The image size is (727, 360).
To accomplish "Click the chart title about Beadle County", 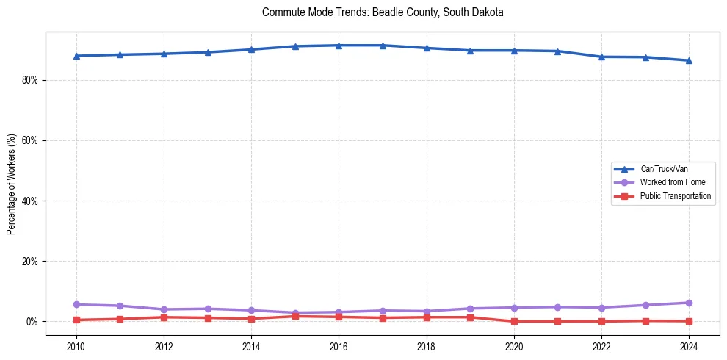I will (x=382, y=12).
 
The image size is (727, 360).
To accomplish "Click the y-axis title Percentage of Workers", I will (x=12, y=184).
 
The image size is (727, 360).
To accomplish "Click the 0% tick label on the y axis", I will (x=32, y=322).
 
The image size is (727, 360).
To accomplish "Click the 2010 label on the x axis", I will (x=76, y=346).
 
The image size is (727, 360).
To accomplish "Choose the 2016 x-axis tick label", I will (x=339, y=346).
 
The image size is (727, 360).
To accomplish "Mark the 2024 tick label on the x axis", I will (x=689, y=346).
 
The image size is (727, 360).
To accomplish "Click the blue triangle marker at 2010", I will (x=76, y=56).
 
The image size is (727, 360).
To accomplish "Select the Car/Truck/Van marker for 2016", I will (x=339, y=46).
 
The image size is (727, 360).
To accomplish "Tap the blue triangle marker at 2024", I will (x=689, y=60).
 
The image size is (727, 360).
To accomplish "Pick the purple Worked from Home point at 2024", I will (x=689, y=303).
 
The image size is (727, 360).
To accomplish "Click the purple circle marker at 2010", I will (x=76, y=304).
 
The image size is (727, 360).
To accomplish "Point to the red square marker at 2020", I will (x=514, y=321).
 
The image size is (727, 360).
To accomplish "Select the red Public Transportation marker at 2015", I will (x=295, y=316).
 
